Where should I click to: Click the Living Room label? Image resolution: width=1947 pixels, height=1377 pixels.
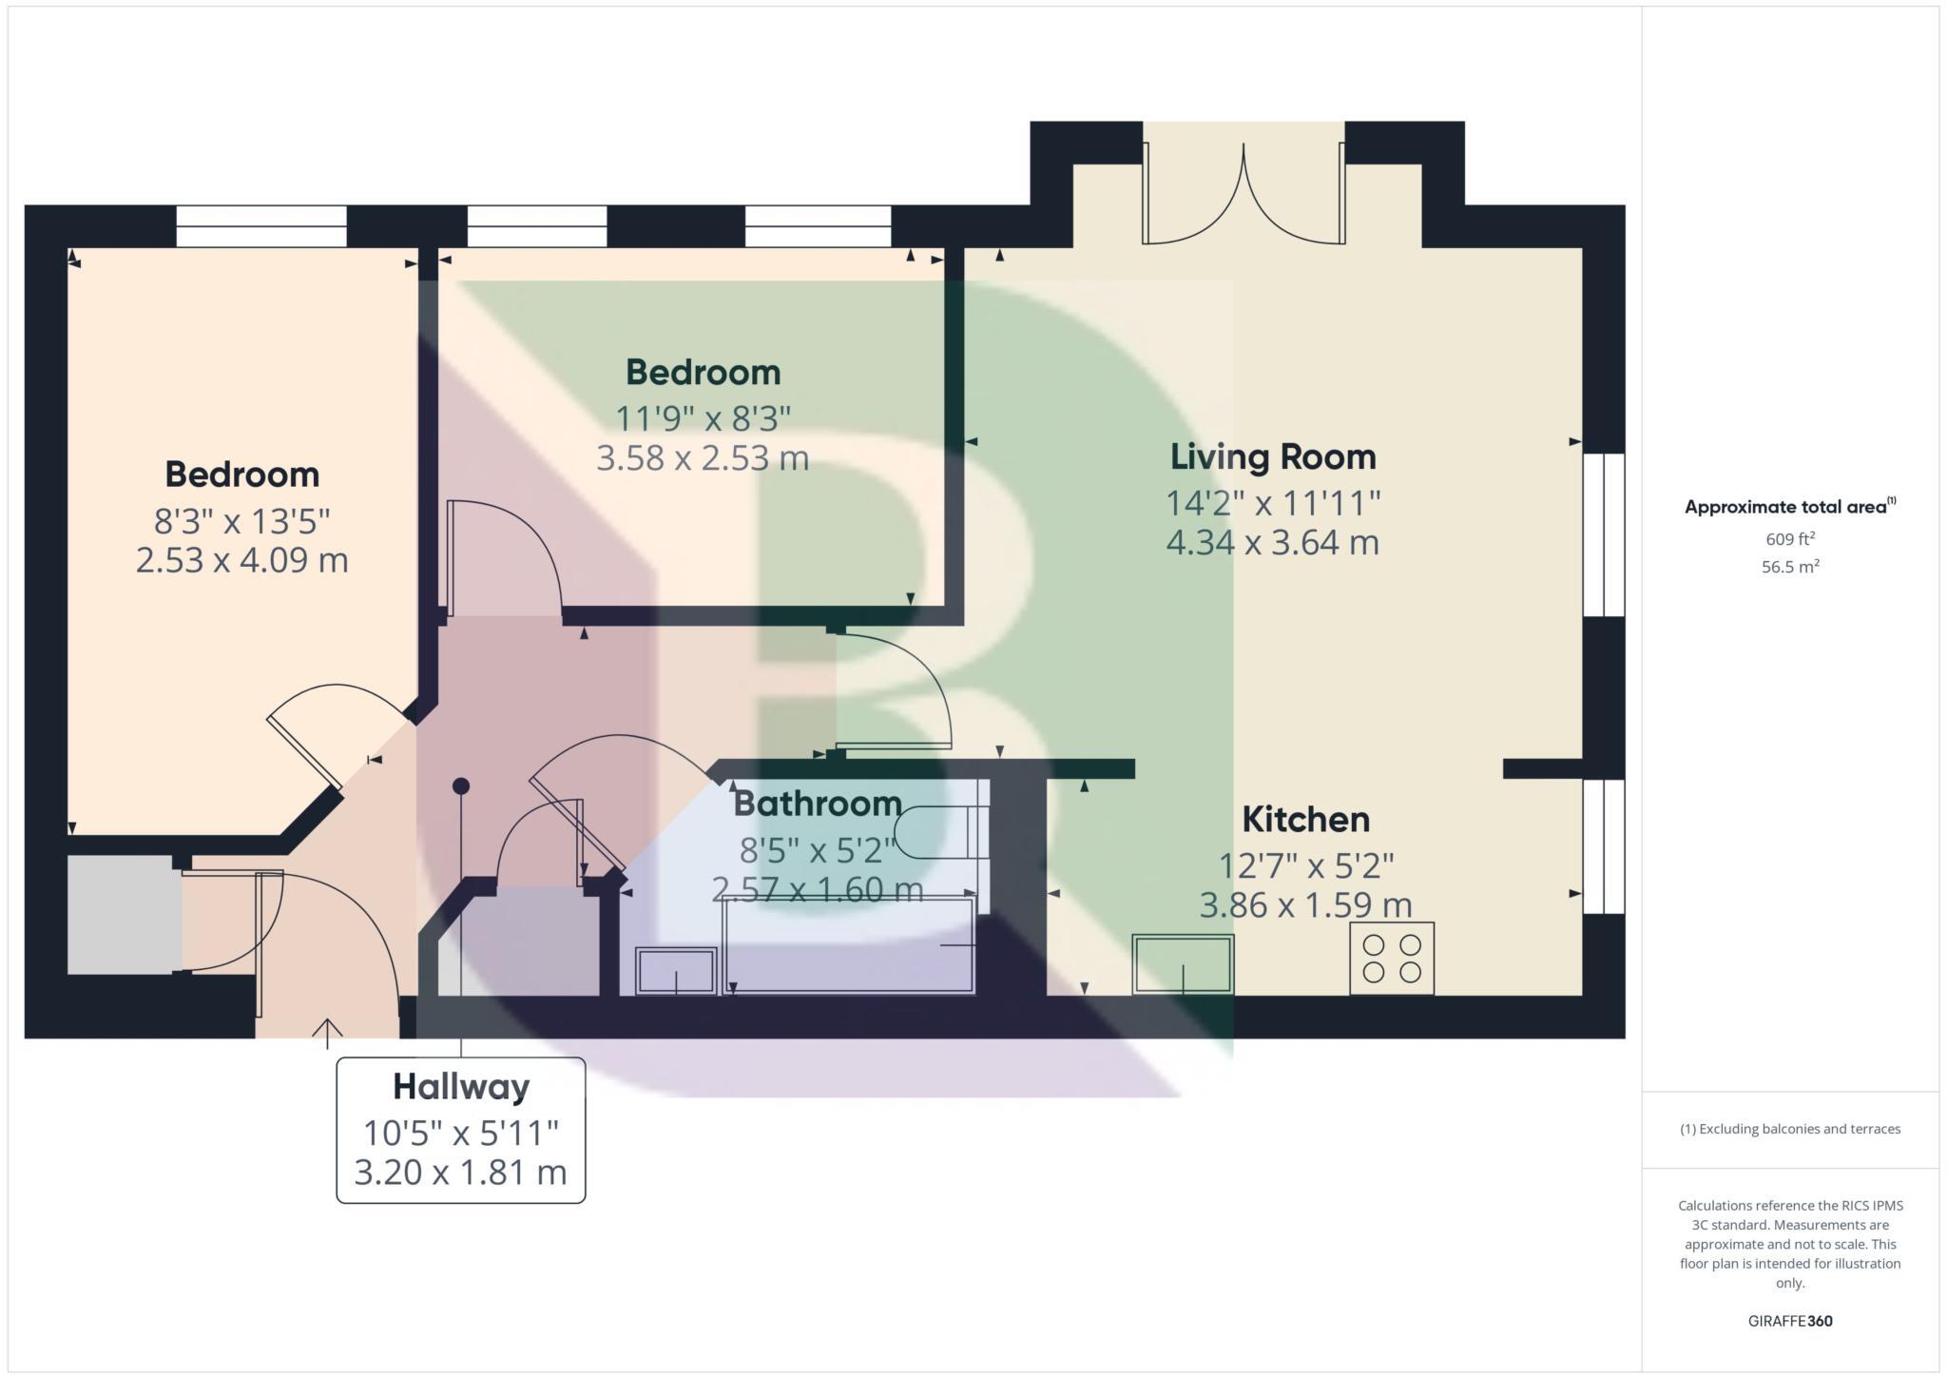pos(1272,457)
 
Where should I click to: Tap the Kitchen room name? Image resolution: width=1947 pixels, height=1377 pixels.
pos(1305,820)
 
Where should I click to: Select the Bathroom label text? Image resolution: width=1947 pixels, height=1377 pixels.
pos(817,805)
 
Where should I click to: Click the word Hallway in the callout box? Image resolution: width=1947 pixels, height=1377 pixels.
pos(461,1087)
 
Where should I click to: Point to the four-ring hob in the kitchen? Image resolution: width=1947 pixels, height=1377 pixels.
pos(1391,959)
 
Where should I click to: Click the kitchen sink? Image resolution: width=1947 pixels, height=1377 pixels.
pos(1183,964)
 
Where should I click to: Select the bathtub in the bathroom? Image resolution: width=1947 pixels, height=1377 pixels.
pos(849,945)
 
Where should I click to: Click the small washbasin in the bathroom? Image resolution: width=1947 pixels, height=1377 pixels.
pos(676,971)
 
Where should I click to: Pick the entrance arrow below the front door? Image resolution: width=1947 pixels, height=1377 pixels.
pos(327,1033)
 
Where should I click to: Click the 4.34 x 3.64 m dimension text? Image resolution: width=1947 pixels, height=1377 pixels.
pos(1272,543)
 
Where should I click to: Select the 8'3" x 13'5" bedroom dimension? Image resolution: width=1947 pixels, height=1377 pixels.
pos(241,522)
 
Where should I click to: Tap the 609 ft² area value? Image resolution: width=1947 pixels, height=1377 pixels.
pos(1790,539)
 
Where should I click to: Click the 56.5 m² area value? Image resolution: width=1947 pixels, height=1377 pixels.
pos(1790,567)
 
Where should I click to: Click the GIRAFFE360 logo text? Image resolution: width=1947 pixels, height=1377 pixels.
pos(1790,1321)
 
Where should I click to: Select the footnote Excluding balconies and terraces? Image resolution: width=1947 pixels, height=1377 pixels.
pos(1790,1129)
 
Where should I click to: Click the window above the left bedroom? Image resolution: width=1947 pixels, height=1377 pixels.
pos(261,226)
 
